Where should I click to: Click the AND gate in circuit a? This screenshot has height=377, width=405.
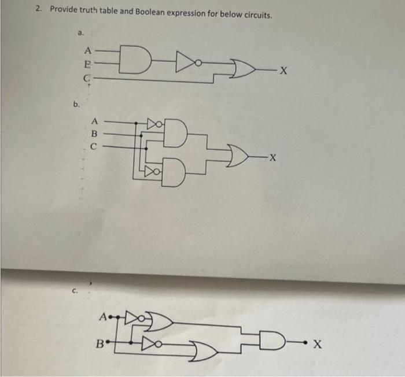134,59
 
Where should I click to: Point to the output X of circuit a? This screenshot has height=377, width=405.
283,71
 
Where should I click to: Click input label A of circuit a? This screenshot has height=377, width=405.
87,49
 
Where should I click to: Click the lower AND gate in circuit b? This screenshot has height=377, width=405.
176,172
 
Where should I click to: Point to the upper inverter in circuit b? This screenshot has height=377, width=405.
153,124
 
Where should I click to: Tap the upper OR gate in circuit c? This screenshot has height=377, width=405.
160,321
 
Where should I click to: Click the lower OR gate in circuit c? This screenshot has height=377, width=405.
204,349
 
